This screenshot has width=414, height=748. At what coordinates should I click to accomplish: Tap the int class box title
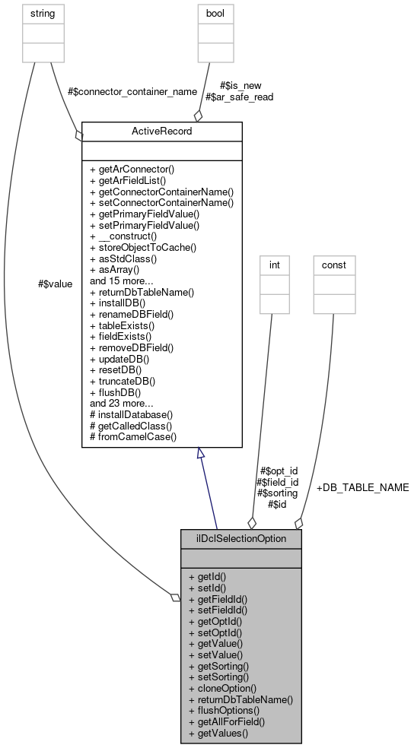tap(275, 265)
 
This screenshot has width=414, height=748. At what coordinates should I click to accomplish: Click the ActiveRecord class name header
tap(161, 131)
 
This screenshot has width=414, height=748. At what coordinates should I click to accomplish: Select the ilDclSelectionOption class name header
tap(240, 538)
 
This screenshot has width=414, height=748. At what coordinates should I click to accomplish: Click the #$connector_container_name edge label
tap(132, 91)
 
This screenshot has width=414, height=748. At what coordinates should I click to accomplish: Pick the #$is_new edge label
tap(237, 86)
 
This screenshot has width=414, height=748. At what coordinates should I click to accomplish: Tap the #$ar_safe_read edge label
tap(240, 97)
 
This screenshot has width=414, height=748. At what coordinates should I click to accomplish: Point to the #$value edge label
tap(55, 284)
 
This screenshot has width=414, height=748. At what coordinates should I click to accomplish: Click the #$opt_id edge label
tap(279, 471)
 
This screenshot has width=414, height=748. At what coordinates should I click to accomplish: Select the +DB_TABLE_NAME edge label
tap(362, 487)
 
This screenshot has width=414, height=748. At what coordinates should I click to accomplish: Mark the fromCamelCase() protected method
tap(132, 437)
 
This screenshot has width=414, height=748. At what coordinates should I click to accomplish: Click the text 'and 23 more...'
tap(122, 404)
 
